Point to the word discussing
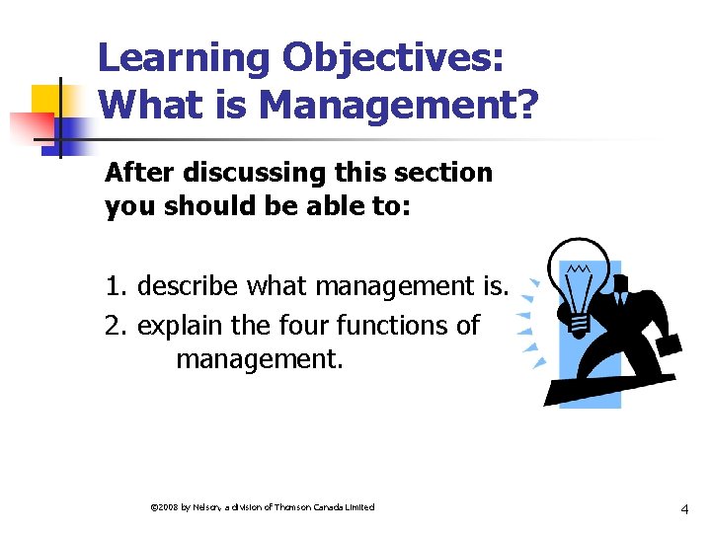[226, 173]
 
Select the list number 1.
[116, 287]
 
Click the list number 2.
[116, 325]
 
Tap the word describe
[189, 287]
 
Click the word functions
[390, 325]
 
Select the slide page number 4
[684, 509]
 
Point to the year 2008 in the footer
[165, 507]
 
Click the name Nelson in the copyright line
[206, 507]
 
